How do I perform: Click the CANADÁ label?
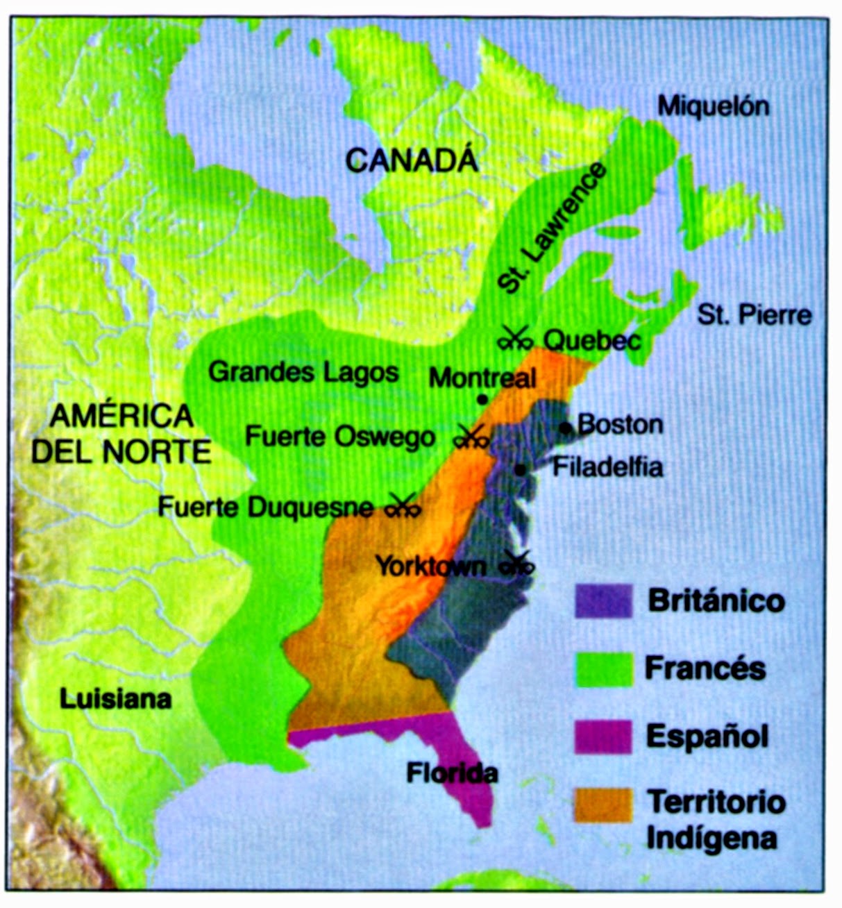click(x=412, y=160)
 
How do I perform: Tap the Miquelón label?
click(x=713, y=106)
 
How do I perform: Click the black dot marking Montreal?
click(x=482, y=400)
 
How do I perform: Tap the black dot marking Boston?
click(x=566, y=426)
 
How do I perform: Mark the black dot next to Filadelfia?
click(x=520, y=470)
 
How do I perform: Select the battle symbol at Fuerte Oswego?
click(x=471, y=437)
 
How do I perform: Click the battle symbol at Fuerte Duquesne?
click(x=403, y=506)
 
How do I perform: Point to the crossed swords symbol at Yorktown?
click(x=517, y=563)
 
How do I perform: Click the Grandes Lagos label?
click(x=303, y=372)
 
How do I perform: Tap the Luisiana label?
click(x=115, y=698)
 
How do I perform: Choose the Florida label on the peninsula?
click(x=452, y=773)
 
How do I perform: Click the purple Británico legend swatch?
click(x=603, y=601)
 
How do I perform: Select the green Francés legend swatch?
click(x=603, y=669)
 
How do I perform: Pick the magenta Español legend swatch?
click(x=603, y=737)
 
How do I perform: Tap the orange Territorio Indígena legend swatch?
click(x=603, y=805)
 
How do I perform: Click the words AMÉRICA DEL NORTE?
click(x=121, y=434)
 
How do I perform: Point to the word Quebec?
click(x=591, y=340)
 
